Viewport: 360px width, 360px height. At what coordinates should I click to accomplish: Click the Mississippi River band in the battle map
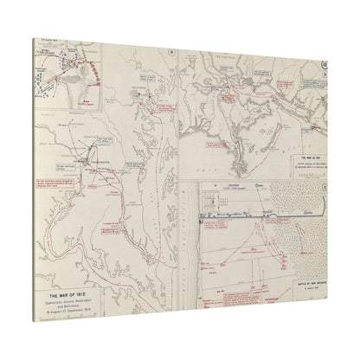pos(189,260)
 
